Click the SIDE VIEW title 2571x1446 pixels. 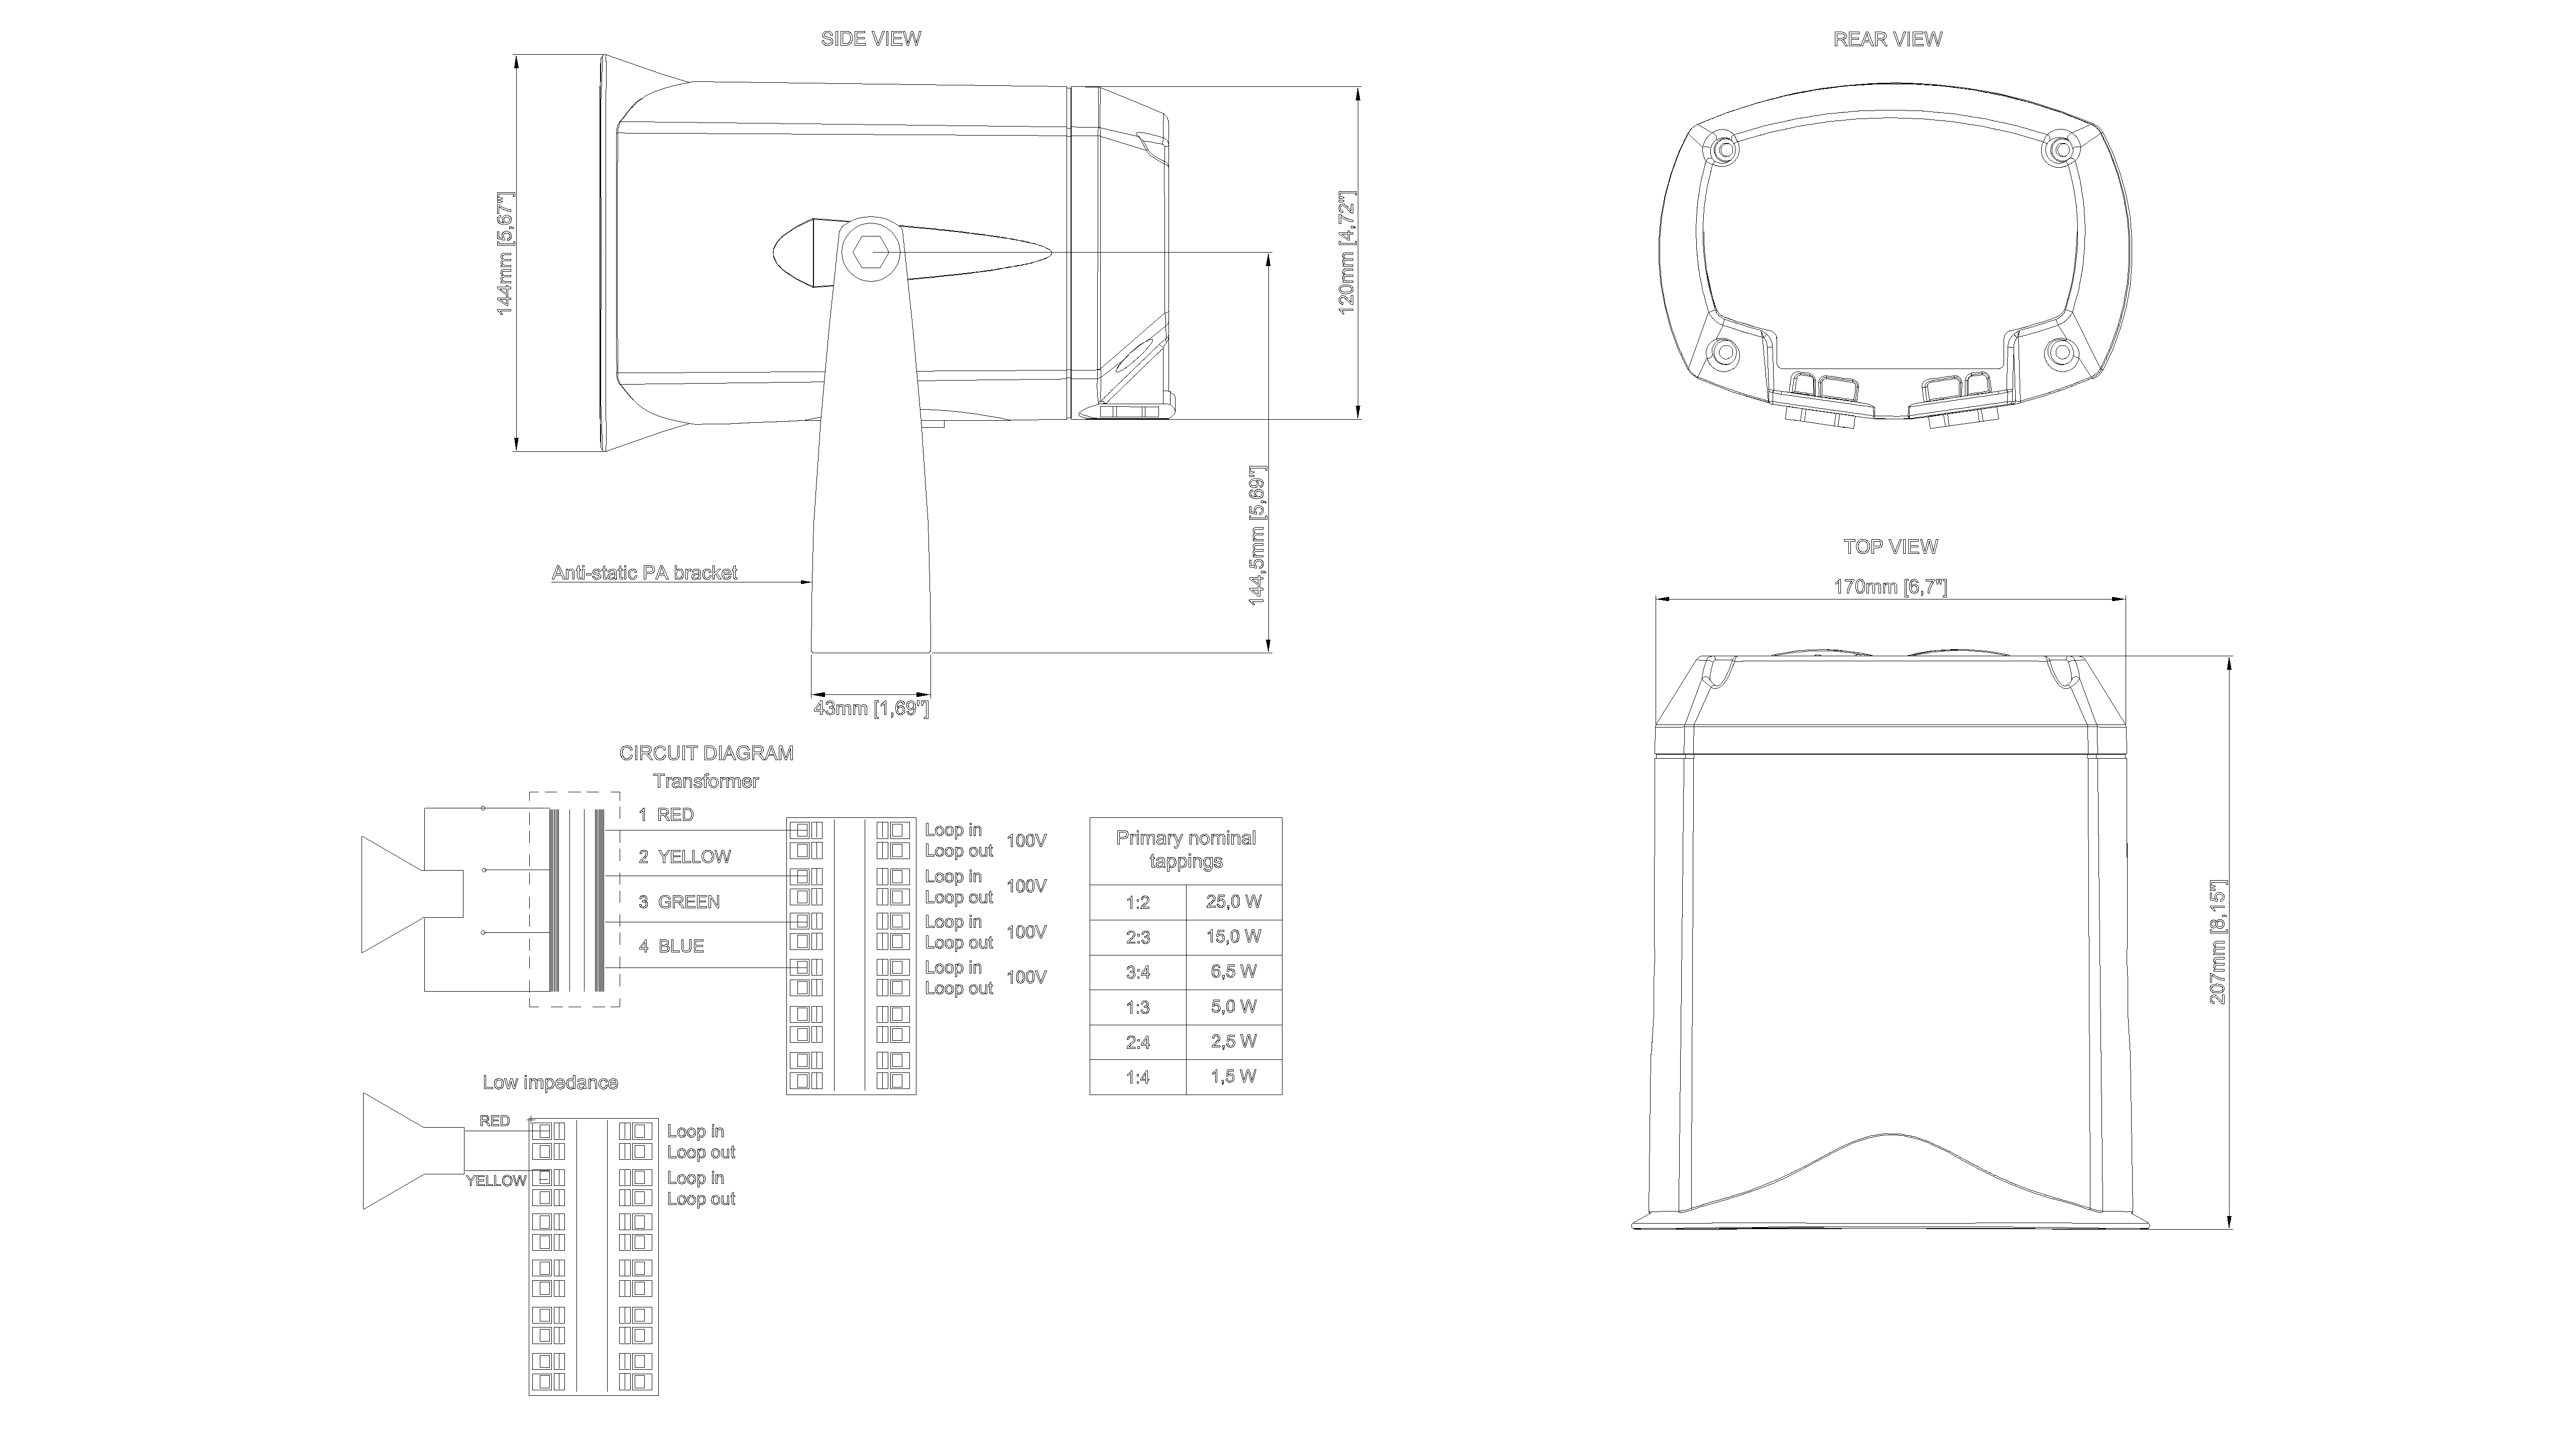870,39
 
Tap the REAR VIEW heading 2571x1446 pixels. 1888,39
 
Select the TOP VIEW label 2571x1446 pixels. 1890,547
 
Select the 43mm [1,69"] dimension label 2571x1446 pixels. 871,708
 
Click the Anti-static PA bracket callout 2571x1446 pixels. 645,573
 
